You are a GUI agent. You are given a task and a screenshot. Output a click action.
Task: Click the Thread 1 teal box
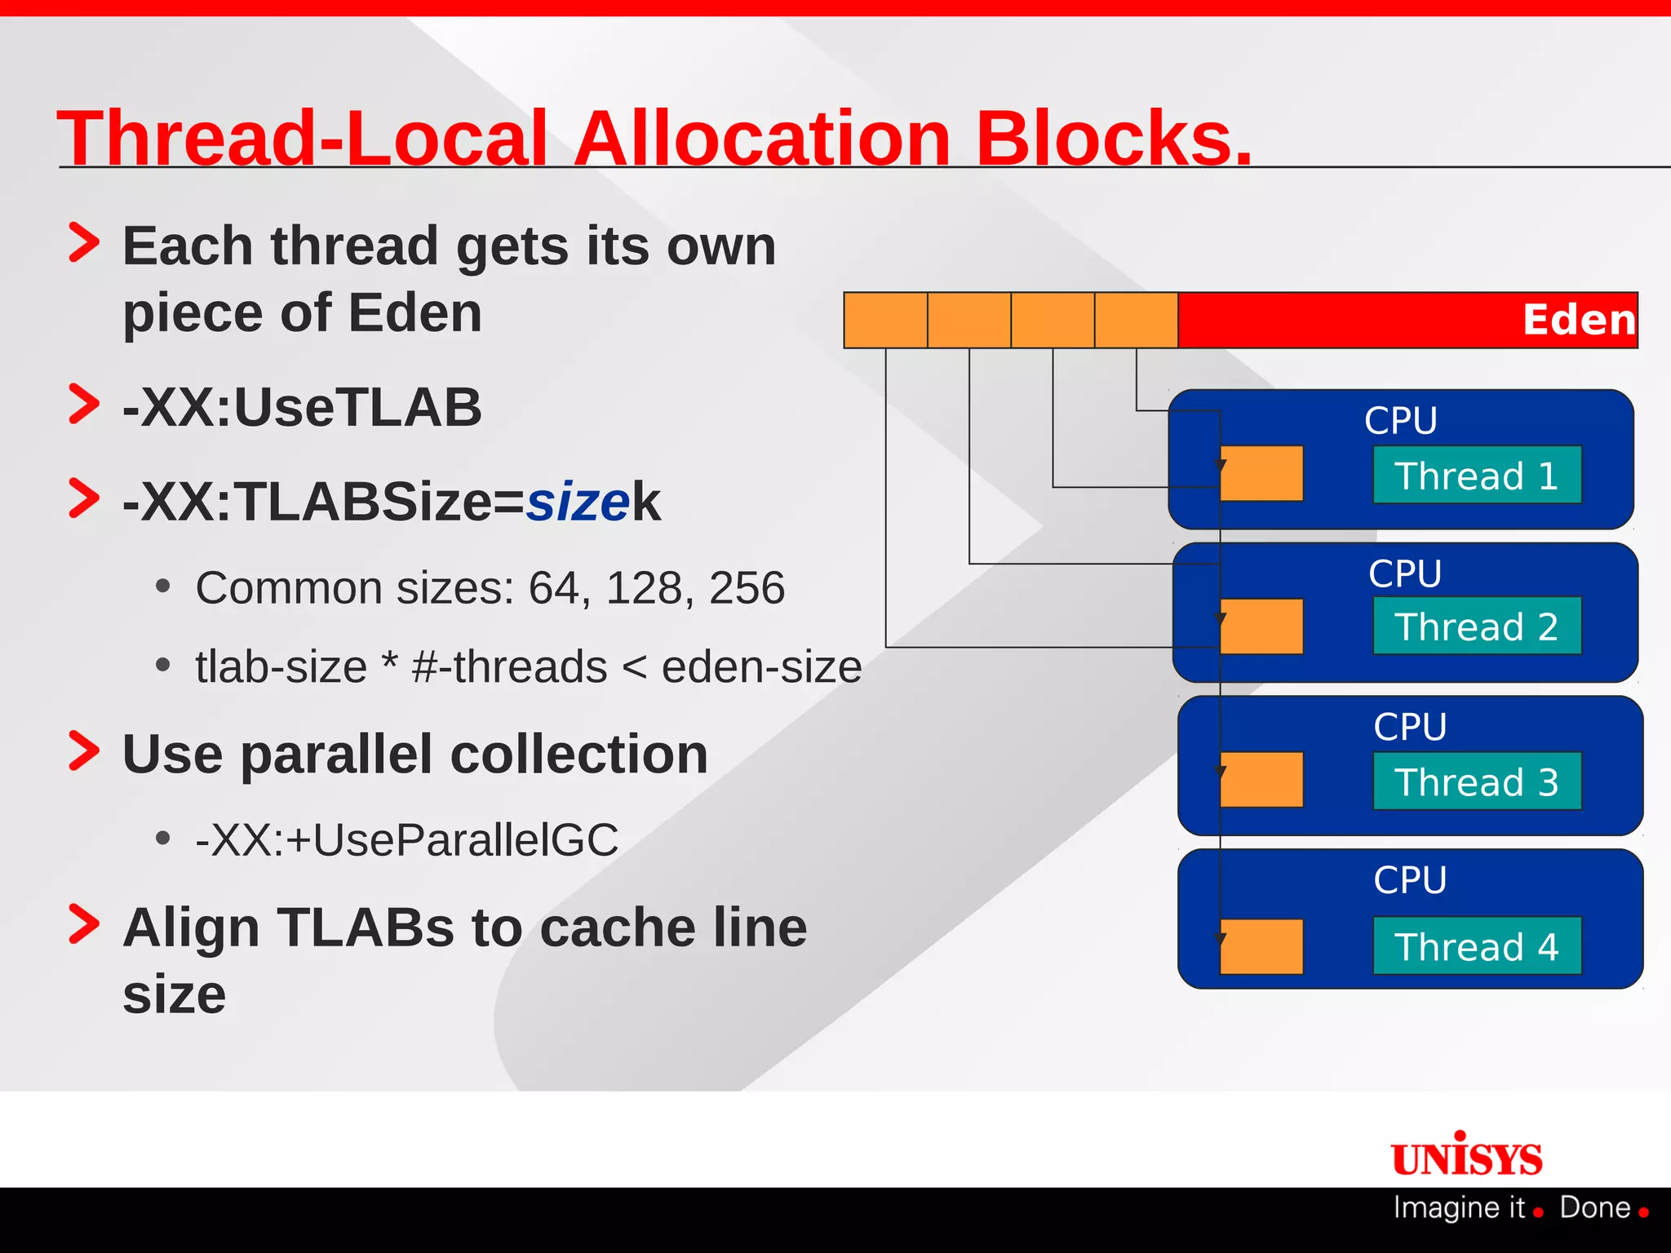click(1477, 475)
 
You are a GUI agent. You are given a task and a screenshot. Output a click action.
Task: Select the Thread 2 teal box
click(1477, 626)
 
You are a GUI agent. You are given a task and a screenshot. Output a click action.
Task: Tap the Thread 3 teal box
click(1477, 781)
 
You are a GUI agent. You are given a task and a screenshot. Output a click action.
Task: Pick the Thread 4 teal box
click(1477, 945)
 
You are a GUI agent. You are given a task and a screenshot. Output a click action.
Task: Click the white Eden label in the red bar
click(1579, 320)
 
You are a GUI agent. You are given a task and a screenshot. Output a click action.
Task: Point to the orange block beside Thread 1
click(1261, 473)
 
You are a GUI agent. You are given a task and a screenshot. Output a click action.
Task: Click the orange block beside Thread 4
click(1261, 946)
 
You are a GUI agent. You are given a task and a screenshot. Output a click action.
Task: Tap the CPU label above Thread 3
click(1410, 726)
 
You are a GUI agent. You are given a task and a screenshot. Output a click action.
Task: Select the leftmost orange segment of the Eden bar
click(885, 320)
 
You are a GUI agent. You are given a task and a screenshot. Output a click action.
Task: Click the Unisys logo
click(1467, 1157)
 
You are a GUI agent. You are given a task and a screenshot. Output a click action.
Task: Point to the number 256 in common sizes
click(747, 587)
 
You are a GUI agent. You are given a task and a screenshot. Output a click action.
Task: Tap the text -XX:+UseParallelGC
click(407, 839)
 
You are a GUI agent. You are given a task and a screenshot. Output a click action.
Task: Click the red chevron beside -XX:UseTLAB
click(84, 405)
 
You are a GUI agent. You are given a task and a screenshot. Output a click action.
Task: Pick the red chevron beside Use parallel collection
click(84, 751)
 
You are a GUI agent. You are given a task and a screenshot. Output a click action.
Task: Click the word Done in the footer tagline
click(1595, 1207)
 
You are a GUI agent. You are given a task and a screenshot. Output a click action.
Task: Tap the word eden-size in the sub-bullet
click(761, 667)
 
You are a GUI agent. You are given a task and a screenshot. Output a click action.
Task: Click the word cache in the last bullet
click(615, 928)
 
